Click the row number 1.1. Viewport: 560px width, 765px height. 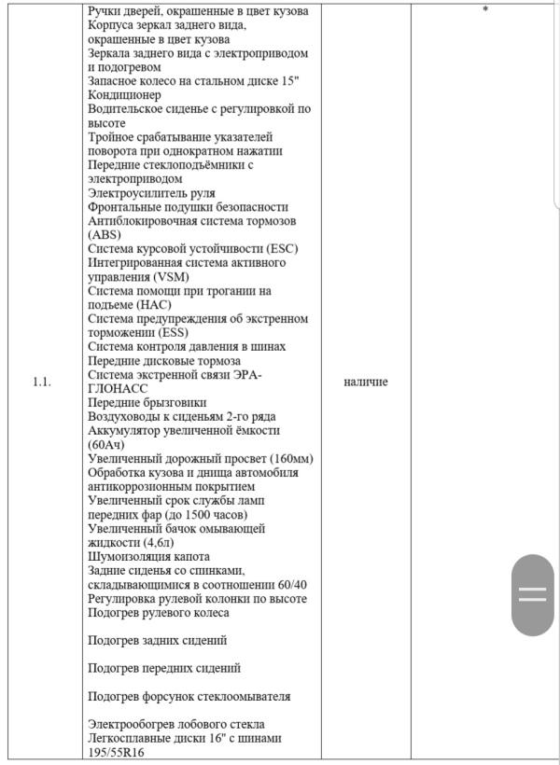click(x=42, y=382)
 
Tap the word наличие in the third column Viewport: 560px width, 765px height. click(x=366, y=382)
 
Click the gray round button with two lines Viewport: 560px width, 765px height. click(x=532, y=595)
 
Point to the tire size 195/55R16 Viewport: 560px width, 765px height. click(x=117, y=752)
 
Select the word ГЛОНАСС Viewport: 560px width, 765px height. click(x=119, y=389)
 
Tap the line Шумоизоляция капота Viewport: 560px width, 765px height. click(x=148, y=557)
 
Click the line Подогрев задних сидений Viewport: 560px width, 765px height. click(x=157, y=641)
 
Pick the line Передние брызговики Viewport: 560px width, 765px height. click(x=147, y=403)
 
